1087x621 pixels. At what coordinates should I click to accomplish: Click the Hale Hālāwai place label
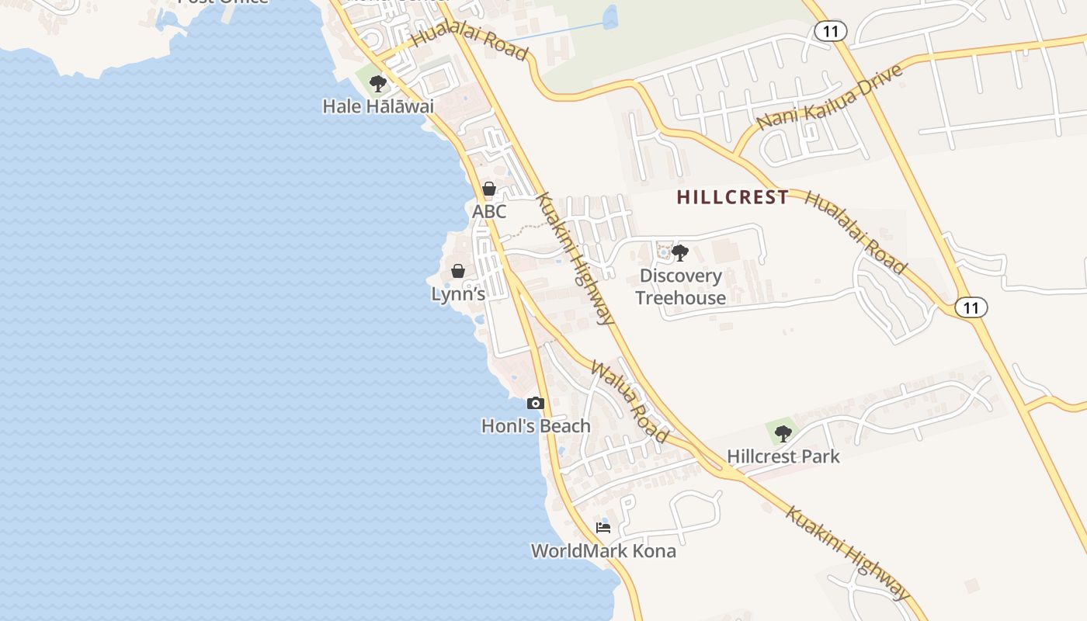click(x=378, y=106)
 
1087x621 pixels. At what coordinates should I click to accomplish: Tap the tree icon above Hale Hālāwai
click(x=378, y=83)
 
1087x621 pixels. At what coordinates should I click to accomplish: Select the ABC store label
click(x=489, y=211)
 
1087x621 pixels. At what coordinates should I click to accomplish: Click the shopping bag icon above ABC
click(x=489, y=189)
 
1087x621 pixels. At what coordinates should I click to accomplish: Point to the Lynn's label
click(x=458, y=294)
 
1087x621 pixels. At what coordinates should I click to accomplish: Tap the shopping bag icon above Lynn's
click(x=458, y=271)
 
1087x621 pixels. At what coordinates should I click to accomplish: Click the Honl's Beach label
click(x=536, y=426)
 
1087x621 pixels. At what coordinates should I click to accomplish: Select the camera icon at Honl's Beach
click(x=536, y=403)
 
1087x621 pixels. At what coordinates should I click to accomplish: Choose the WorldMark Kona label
click(x=603, y=551)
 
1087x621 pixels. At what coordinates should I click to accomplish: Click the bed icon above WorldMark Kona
click(x=603, y=528)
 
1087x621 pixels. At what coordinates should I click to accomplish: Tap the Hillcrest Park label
click(x=783, y=456)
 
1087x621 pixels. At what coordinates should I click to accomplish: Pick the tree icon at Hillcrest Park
click(x=783, y=433)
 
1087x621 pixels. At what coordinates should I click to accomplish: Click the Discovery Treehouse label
click(x=680, y=286)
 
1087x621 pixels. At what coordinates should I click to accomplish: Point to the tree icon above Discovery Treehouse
click(x=680, y=252)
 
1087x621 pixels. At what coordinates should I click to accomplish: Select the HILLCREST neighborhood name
click(x=733, y=197)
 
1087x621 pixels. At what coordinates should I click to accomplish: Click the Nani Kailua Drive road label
click(x=829, y=97)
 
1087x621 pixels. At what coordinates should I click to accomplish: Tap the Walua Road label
click(x=630, y=401)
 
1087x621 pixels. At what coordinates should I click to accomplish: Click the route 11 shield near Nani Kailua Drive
click(x=831, y=31)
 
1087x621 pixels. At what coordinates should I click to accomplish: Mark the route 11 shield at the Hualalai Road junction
click(x=971, y=307)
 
